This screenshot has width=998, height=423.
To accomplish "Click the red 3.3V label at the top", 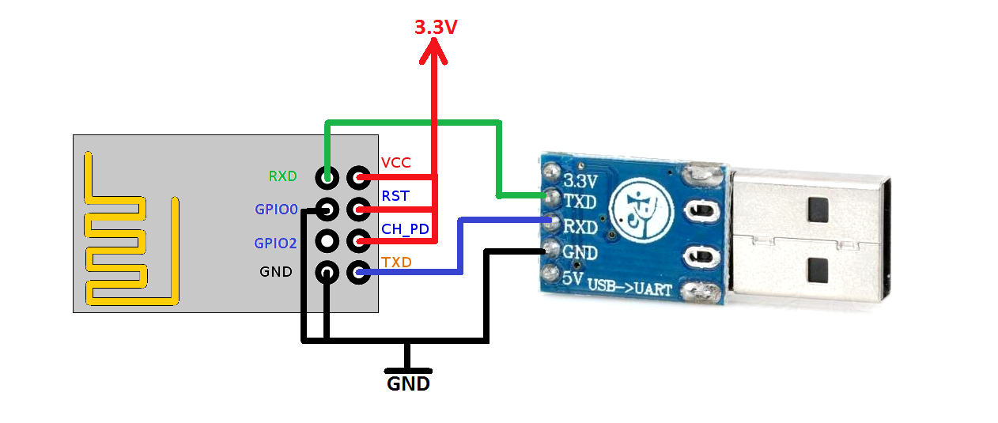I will click(436, 27).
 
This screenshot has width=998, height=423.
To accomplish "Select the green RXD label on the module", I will click(282, 176).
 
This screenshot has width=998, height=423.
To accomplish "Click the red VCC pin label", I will click(396, 162).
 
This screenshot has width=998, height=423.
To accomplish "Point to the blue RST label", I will click(395, 195).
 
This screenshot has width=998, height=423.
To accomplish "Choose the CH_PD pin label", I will click(405, 228).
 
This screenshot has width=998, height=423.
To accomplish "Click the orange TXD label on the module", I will click(396, 262).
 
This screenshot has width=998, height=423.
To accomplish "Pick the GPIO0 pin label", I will click(276, 210).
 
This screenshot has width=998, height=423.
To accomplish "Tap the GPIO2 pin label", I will click(275, 243).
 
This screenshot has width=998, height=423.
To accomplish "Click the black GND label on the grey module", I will click(276, 272).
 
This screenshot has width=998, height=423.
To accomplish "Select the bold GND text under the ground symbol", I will click(408, 384).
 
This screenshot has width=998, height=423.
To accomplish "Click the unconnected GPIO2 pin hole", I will click(327, 240).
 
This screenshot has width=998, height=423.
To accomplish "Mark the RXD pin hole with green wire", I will click(327, 176).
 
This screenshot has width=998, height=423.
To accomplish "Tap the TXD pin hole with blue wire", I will click(359, 273).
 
